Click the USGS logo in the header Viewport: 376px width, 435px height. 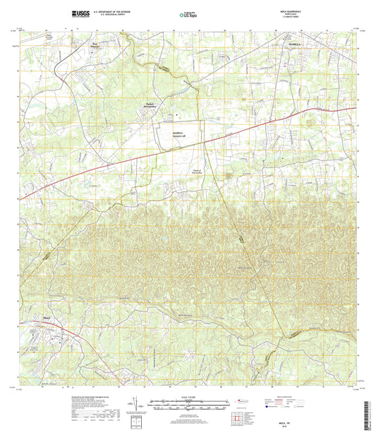(80, 13)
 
